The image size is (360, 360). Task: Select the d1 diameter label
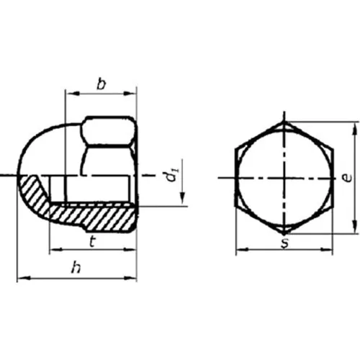(170, 175)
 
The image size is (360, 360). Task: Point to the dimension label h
(76, 267)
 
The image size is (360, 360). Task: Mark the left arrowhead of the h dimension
(20, 277)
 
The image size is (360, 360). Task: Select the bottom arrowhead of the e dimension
(354, 229)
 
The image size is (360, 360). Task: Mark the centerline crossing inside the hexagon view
(285, 177)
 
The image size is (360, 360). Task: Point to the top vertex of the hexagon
(285, 122)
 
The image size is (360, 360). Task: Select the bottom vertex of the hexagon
(285, 233)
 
